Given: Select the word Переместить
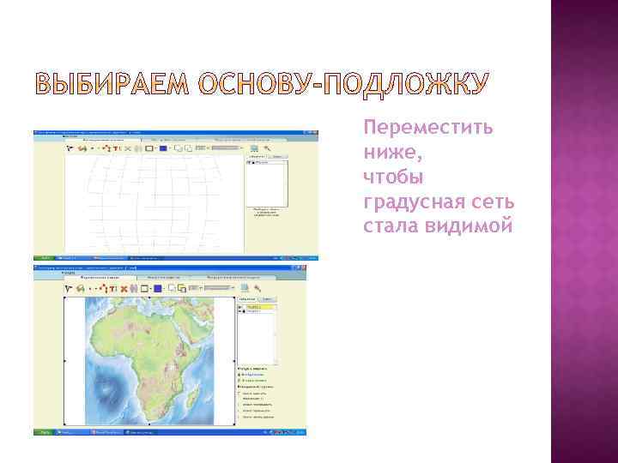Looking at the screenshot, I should (427, 128).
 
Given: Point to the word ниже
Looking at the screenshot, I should (388, 153).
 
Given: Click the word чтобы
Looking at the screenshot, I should (392, 177).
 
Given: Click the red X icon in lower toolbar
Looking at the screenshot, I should (124, 289).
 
